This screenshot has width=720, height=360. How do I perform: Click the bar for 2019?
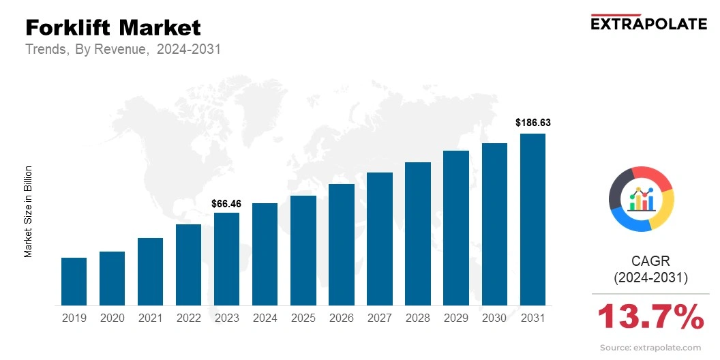(74, 282)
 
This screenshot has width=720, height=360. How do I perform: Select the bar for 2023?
(226, 259)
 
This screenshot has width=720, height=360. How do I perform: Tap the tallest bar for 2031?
(532, 220)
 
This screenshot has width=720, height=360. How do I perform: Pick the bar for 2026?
(341, 245)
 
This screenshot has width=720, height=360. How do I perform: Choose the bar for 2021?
(150, 271)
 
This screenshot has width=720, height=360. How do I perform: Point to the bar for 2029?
(456, 228)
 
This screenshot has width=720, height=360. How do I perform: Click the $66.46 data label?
(226, 203)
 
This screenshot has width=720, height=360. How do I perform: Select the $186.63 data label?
(532, 123)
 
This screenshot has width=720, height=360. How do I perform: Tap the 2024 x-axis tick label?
(265, 318)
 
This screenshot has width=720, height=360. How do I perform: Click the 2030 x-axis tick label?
(494, 318)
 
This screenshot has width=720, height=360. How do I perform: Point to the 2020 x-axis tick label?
(112, 318)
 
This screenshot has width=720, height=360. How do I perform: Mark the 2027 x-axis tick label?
(379, 318)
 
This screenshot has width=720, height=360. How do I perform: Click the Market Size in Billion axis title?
(29, 211)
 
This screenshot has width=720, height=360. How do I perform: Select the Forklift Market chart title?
(113, 27)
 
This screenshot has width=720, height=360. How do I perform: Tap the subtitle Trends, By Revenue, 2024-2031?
(123, 50)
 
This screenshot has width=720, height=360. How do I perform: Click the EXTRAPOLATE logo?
(648, 23)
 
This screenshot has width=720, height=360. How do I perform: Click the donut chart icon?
(641, 198)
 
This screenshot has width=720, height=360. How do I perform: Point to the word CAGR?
(650, 261)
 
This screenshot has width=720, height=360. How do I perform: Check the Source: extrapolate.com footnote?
(650, 348)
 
